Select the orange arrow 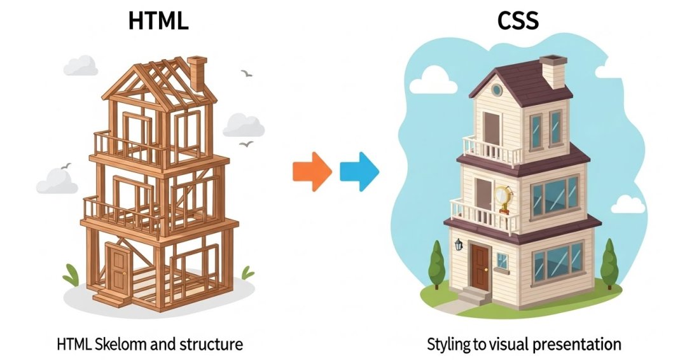(312, 172)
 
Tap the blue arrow (359, 172)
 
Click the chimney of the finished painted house (552, 71)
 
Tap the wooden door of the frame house (118, 267)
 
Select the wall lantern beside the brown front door (458, 244)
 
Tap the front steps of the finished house (473, 296)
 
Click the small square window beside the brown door (503, 260)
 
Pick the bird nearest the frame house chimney (246, 74)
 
